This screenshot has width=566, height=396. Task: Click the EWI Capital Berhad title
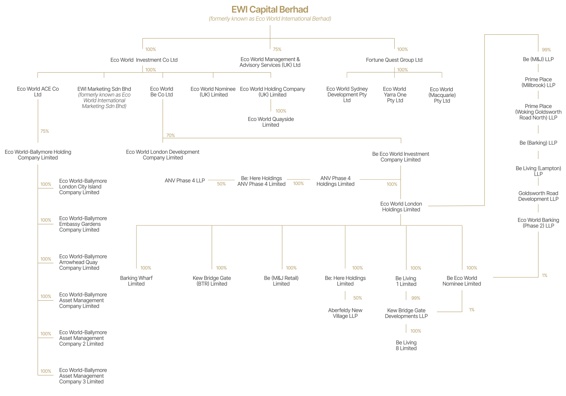270,10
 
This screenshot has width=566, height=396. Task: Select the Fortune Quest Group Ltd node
394,60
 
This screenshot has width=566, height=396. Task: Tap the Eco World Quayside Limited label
270,122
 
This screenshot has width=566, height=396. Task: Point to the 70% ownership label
171,135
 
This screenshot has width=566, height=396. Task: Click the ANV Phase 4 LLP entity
185,181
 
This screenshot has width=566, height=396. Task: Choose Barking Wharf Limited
136,281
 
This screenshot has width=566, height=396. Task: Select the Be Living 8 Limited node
406,345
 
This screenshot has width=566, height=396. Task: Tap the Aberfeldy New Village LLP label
345,313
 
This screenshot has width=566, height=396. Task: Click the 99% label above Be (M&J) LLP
546,50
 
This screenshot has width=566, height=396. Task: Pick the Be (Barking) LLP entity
538,143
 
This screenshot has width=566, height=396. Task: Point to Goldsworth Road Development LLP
538,196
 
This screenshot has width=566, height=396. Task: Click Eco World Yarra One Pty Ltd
395,95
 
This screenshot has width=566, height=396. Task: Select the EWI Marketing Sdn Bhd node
104,98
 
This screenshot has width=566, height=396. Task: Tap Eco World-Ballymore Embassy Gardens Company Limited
83,224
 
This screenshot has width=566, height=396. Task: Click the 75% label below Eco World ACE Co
45,131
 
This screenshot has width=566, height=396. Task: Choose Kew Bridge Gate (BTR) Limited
212,281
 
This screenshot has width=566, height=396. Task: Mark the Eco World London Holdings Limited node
401,207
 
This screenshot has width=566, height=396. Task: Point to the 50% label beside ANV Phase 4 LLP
221,184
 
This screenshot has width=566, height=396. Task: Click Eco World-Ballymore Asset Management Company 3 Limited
83,376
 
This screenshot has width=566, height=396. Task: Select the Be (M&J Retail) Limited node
281,281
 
